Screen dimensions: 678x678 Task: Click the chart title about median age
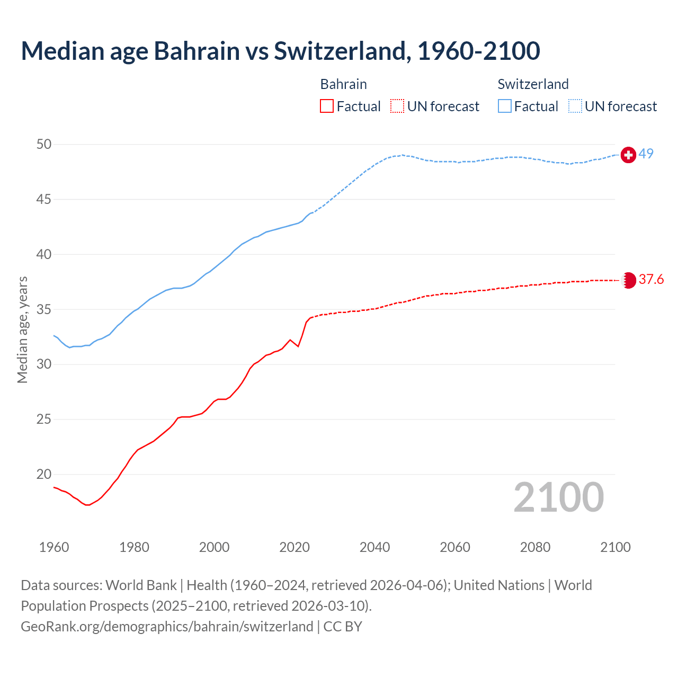[x=280, y=51]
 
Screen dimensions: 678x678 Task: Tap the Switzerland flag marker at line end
[x=628, y=155]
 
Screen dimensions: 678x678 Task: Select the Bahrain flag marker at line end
[x=628, y=280]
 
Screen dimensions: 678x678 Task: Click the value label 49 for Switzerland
[x=646, y=154]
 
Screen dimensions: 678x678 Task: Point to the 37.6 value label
[x=651, y=279]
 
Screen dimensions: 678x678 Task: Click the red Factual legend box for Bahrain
[x=327, y=106]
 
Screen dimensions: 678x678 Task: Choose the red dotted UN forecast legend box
[x=397, y=106]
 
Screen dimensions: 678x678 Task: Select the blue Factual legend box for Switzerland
[x=505, y=106]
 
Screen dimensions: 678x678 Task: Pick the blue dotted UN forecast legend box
[x=575, y=106]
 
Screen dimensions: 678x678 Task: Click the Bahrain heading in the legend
[x=343, y=84]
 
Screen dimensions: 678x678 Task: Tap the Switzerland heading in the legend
[x=533, y=84]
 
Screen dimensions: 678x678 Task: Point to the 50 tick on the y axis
[x=44, y=145]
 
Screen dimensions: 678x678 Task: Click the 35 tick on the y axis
[x=44, y=309]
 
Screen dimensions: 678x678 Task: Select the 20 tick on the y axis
[x=44, y=474]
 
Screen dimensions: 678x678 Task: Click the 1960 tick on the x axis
[x=54, y=547]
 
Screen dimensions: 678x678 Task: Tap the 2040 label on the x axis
[x=374, y=547]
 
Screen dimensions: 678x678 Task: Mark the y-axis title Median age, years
[x=22, y=329]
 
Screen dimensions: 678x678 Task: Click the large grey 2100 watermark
[x=559, y=497]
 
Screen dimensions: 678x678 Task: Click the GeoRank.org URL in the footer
[x=167, y=627]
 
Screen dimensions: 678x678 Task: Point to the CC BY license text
[x=343, y=627]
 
